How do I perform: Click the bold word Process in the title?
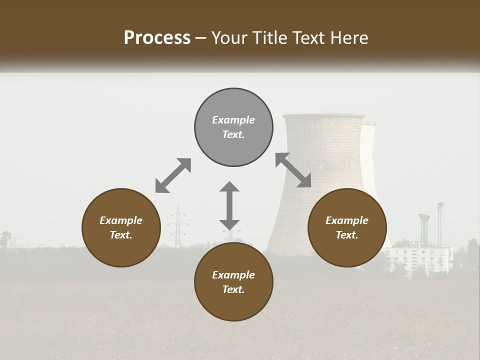coord(157,38)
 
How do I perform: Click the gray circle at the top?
coord(233,127)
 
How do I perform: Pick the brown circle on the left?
coord(121,227)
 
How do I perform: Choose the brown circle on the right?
coord(347,227)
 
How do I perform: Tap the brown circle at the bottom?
coord(233,281)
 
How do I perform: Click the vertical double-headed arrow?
coord(229,205)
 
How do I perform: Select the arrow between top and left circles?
coord(173,175)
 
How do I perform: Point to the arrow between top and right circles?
coord(293,170)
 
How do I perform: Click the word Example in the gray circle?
coord(233,120)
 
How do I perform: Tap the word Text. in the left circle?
coord(121,235)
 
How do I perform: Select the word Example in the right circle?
coord(347,220)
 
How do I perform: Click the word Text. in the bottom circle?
coord(233,289)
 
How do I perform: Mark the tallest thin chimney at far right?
coord(440,222)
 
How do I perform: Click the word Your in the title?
coord(228,38)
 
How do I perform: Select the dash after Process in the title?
coord(201,38)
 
